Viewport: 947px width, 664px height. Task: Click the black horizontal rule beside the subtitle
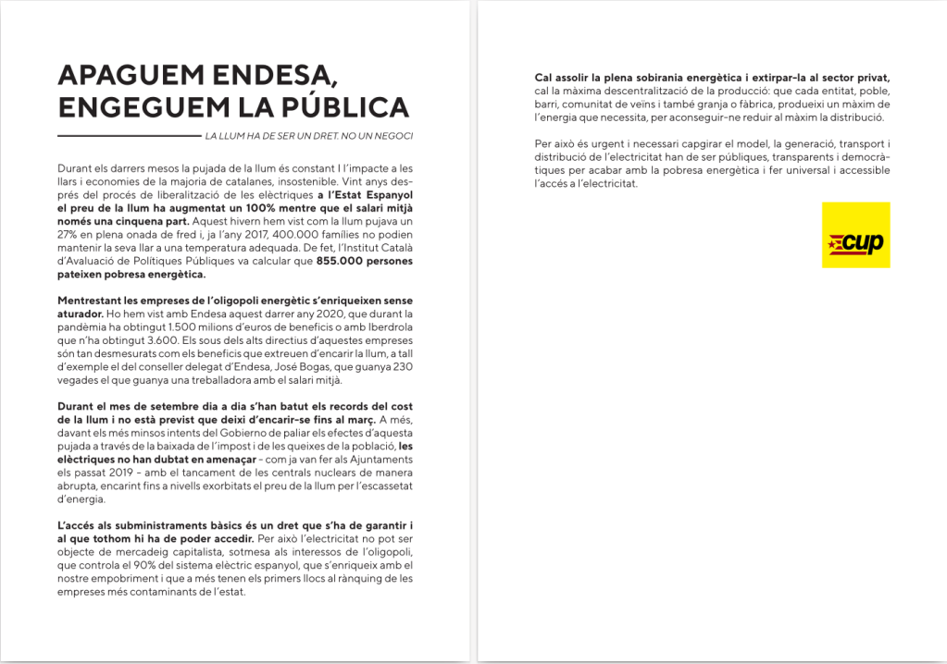tap(129, 136)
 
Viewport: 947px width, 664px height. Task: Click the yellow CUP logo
tap(855, 235)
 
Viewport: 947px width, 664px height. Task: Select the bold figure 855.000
tap(342, 261)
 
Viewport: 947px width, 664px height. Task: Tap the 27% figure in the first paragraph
tap(68, 235)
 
